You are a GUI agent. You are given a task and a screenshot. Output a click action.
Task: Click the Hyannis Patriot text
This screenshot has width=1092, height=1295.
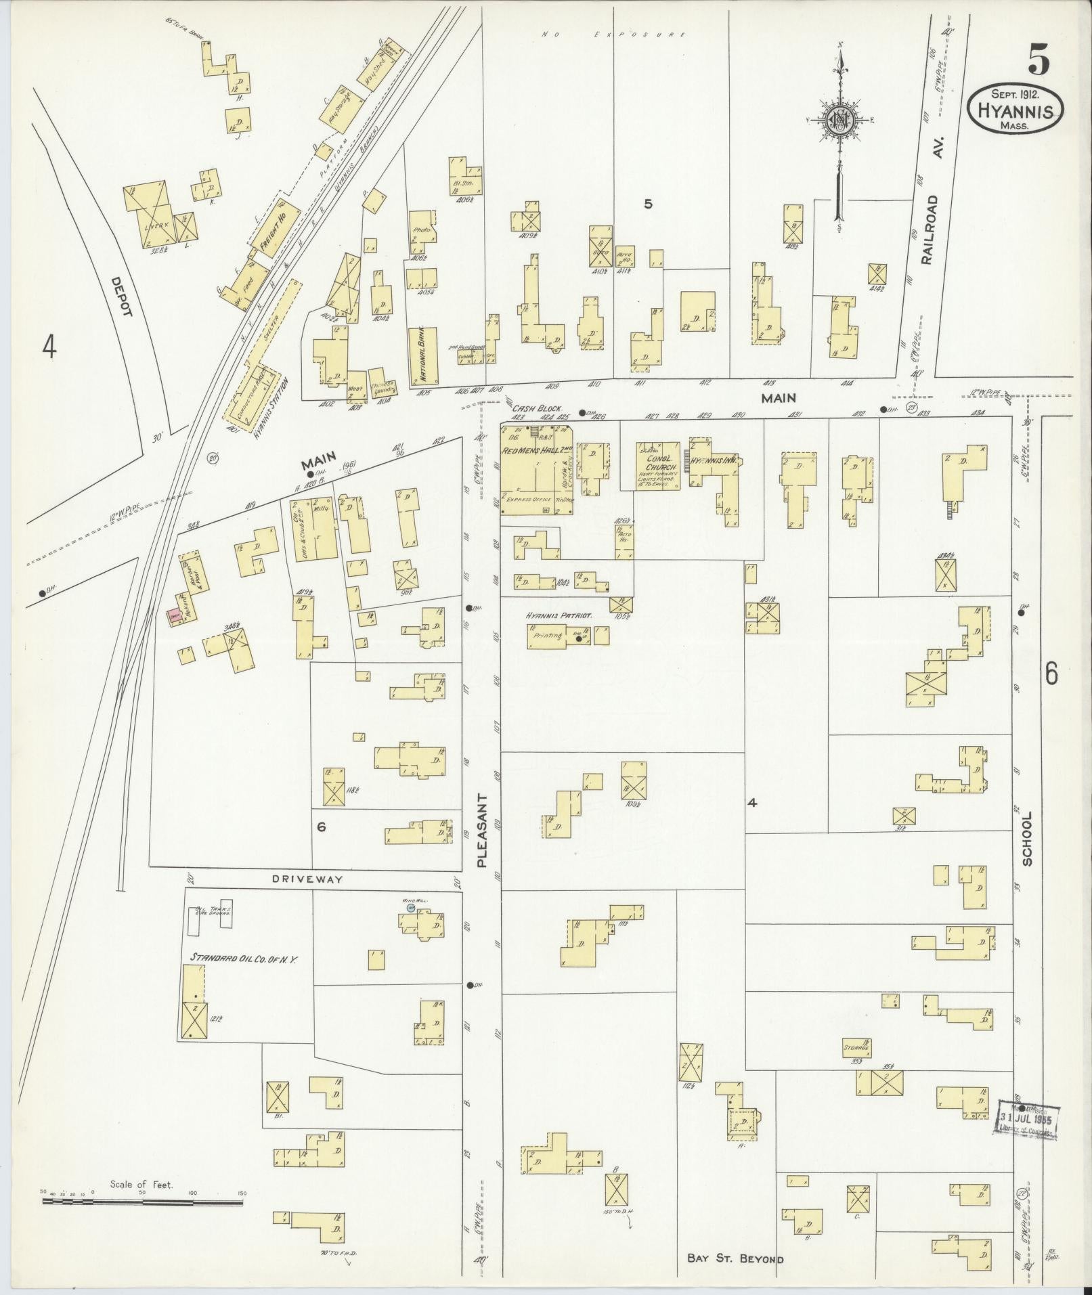[560, 616]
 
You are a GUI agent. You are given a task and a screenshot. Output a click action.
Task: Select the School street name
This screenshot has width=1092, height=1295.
[1027, 839]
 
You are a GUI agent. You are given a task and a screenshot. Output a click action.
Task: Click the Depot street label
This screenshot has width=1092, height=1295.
[124, 296]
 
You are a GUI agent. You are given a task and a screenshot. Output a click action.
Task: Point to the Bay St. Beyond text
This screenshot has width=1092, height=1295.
[735, 1259]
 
